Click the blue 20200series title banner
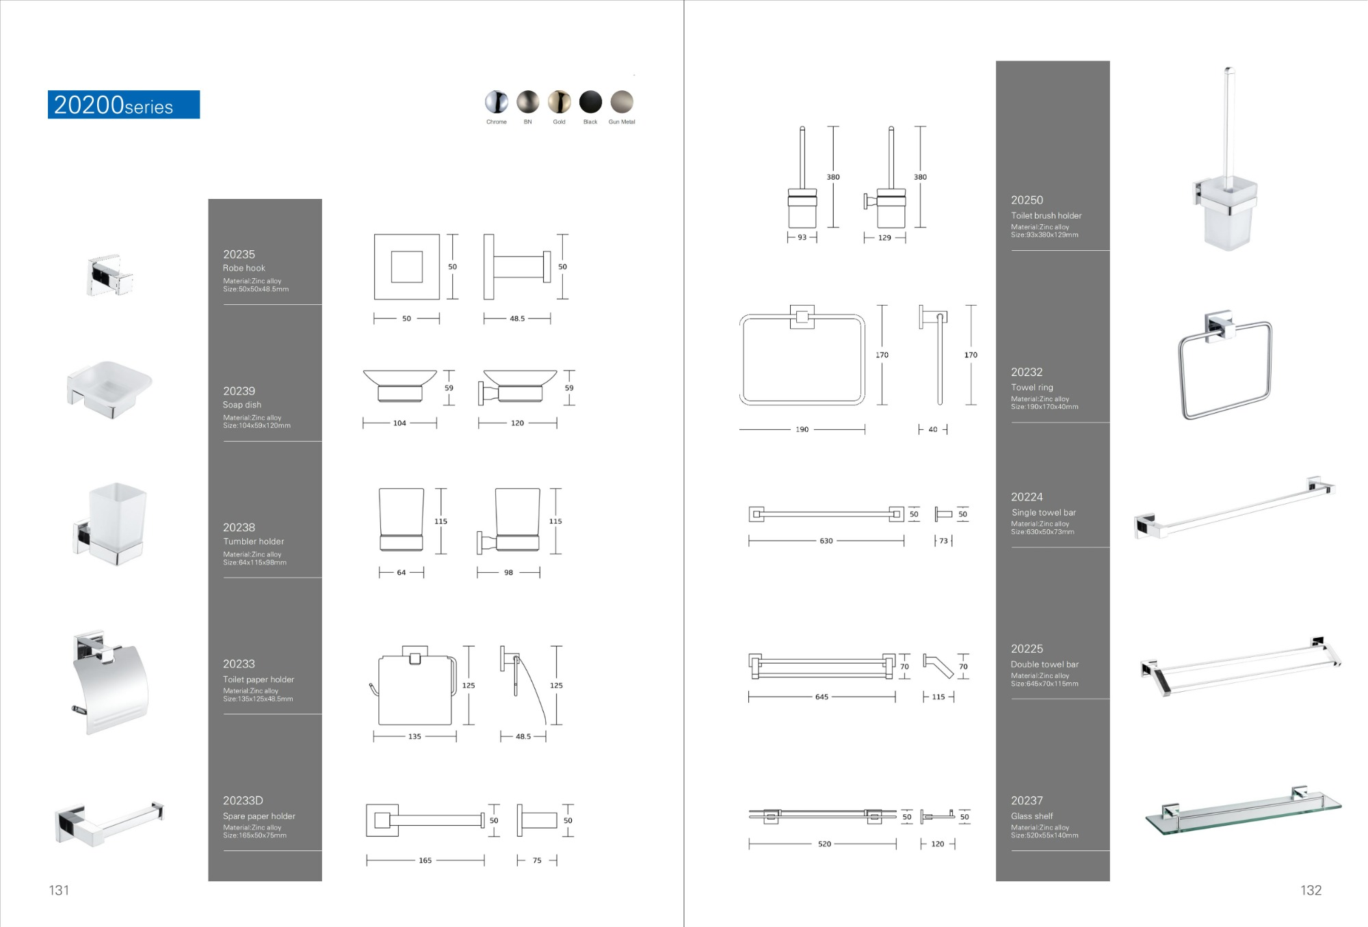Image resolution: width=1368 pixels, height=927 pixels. coord(124,105)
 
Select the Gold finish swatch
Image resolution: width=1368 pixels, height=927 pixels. coord(559,102)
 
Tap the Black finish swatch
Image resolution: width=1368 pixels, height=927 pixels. coord(590,102)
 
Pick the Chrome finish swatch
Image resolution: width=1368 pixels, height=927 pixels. coord(497,102)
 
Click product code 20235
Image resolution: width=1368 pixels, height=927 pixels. coord(239,254)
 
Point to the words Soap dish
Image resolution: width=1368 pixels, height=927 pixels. coord(242,405)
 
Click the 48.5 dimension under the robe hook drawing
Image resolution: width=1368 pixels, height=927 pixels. coord(517,319)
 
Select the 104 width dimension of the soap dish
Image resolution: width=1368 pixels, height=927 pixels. coord(399,423)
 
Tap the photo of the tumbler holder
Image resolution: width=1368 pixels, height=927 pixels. coord(110,524)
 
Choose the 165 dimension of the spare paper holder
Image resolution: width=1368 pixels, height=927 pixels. coord(425,861)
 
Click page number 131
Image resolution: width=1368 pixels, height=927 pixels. coord(59,890)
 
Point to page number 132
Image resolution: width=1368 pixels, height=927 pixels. coord(1311,890)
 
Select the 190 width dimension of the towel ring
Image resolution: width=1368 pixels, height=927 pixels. coord(802,429)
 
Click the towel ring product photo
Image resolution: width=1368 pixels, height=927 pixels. coord(1224,366)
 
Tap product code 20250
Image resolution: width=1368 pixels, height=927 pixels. coord(1027,200)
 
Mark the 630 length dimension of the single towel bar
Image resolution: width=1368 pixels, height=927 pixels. coord(826,541)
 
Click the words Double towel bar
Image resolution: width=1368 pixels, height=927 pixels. coord(1044,664)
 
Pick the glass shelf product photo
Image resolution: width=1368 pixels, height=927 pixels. coord(1243,814)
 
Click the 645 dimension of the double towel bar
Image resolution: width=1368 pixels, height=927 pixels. coord(821,697)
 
